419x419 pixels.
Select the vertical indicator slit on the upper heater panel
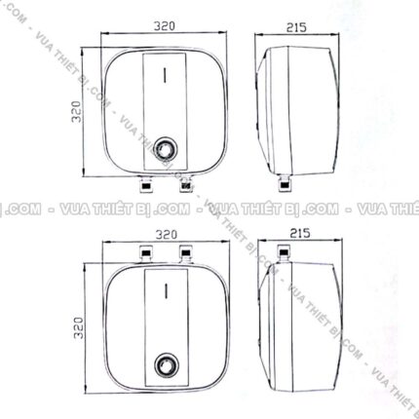(167, 71)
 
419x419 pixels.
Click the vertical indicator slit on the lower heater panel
(167, 290)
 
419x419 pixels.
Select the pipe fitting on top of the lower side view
(286, 254)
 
